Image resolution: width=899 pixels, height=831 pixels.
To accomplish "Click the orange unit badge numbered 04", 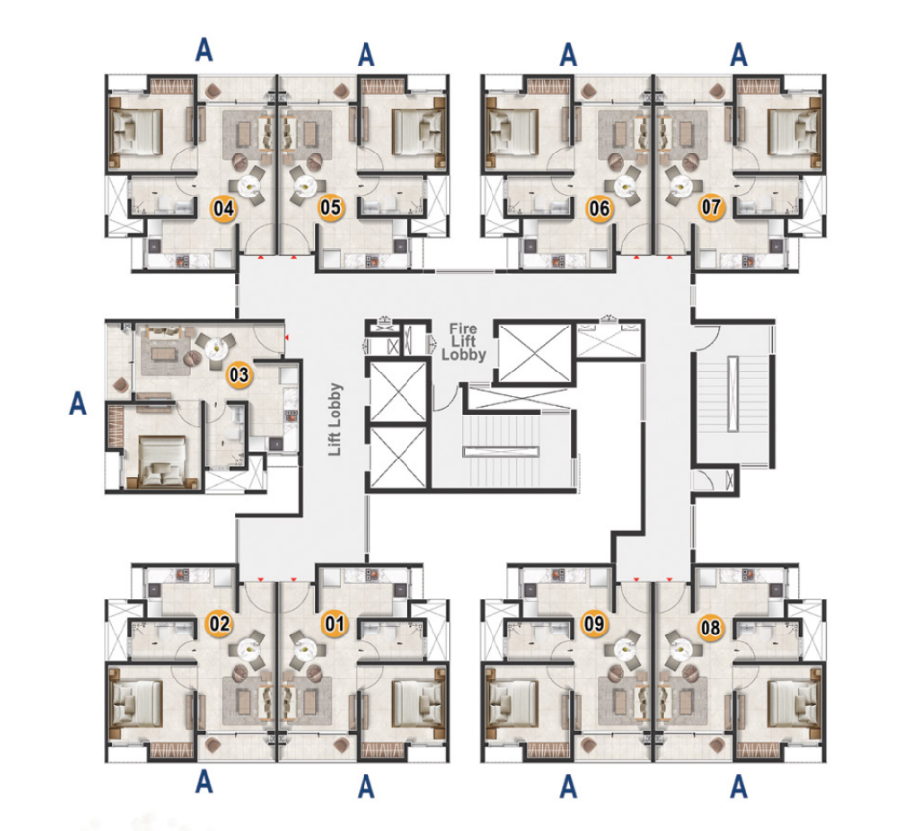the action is tap(224, 209).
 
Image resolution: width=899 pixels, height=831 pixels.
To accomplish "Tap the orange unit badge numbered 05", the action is tap(331, 207).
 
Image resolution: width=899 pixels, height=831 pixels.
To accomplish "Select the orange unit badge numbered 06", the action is tap(599, 209).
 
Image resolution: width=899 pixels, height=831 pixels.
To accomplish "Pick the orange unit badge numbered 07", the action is tap(711, 206).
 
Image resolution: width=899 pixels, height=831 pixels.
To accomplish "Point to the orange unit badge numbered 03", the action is tap(239, 375).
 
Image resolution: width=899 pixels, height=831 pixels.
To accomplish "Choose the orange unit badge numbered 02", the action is tap(219, 624).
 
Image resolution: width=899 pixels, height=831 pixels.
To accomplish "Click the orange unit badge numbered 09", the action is tap(594, 623).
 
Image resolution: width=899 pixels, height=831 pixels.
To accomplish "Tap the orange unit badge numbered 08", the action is tap(710, 628).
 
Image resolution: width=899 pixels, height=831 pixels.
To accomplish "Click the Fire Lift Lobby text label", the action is tap(463, 342).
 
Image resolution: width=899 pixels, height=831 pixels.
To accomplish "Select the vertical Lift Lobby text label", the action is tap(335, 419).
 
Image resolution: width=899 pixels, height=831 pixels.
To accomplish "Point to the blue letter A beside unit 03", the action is tap(78, 403).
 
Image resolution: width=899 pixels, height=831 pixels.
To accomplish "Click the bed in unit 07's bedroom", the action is tap(794, 133).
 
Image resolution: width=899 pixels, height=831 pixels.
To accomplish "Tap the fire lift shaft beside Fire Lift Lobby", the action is tap(535, 353).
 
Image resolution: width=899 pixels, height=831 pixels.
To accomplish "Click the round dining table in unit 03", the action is tap(216, 347).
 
